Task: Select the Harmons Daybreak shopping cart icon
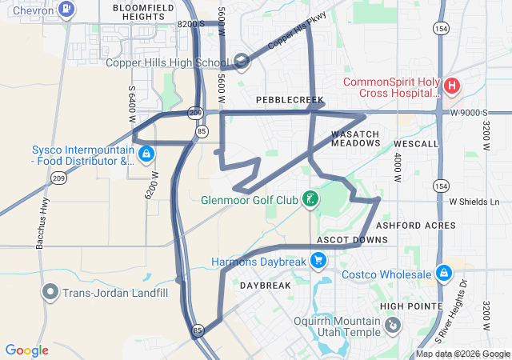[x=318, y=261]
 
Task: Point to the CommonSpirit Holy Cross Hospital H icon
[x=451, y=85]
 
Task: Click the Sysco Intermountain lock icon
[x=146, y=154]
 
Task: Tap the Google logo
[x=27, y=350]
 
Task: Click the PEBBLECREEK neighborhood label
[x=290, y=100]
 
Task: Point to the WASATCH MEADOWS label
[x=355, y=138]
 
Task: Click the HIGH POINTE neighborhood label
[x=411, y=306]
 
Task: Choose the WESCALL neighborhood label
[x=415, y=144]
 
